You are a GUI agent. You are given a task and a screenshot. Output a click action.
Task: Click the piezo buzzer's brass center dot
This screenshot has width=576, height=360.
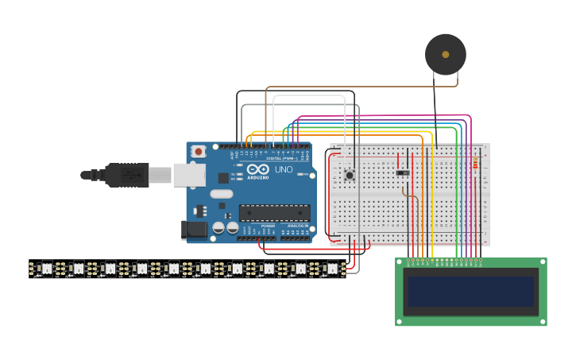coord(445,54)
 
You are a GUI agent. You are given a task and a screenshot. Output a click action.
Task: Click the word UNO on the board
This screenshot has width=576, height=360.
coord(284,169)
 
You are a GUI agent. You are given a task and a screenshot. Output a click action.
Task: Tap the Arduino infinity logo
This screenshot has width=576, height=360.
coord(257,169)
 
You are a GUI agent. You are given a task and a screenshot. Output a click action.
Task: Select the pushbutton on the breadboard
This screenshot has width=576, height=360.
coord(349,175)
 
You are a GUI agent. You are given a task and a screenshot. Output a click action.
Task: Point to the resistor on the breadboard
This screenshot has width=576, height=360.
coord(475,164)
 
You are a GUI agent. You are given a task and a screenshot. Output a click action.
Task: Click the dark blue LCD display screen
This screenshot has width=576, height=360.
coord(471,291)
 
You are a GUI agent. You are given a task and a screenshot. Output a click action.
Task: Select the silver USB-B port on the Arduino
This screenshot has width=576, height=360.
coord(189,175)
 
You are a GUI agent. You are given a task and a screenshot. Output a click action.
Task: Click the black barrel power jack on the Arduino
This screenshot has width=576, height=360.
coord(194,230)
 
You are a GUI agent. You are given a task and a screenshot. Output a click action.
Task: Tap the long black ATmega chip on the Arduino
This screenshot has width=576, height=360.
coord(275,212)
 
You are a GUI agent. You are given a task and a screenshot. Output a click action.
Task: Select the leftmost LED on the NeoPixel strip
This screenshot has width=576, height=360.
coord(46,269)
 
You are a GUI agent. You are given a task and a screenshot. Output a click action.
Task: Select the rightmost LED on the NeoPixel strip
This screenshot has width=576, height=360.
coord(331,269)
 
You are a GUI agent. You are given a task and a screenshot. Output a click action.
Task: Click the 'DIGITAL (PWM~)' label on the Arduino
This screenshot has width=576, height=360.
coord(281,158)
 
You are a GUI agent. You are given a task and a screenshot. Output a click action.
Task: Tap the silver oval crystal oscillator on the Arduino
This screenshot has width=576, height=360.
coord(222,194)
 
